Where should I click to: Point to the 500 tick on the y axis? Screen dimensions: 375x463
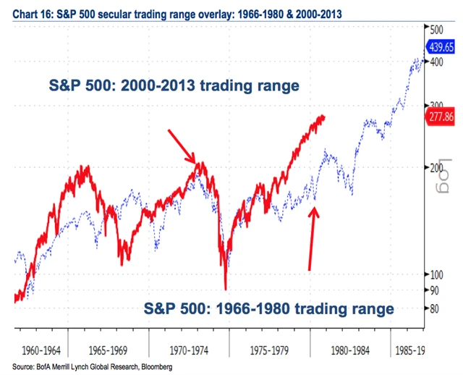(x=436, y=31)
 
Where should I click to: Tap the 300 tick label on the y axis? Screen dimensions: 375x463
(x=436, y=106)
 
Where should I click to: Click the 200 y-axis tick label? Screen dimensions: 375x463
(x=436, y=167)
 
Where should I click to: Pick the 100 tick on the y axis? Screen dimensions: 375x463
(x=436, y=274)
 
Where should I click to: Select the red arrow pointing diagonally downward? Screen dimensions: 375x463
(x=181, y=146)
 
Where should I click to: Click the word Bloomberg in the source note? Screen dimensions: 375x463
(x=155, y=367)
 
